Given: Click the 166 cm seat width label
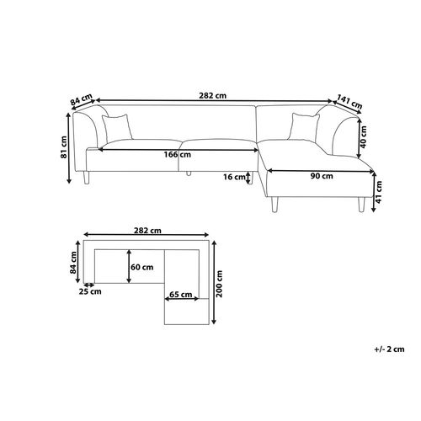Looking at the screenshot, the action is click(178, 155).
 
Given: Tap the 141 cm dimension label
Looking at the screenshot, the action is click(349, 102).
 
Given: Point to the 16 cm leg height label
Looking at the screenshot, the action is click(234, 177).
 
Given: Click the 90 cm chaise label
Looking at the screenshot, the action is click(322, 176).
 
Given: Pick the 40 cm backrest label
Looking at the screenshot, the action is click(364, 136).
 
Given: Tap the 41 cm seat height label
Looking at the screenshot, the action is click(379, 192).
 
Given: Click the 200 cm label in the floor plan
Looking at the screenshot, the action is click(219, 284).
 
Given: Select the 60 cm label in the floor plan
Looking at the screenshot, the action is click(142, 267).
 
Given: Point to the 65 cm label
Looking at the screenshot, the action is click(181, 295).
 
